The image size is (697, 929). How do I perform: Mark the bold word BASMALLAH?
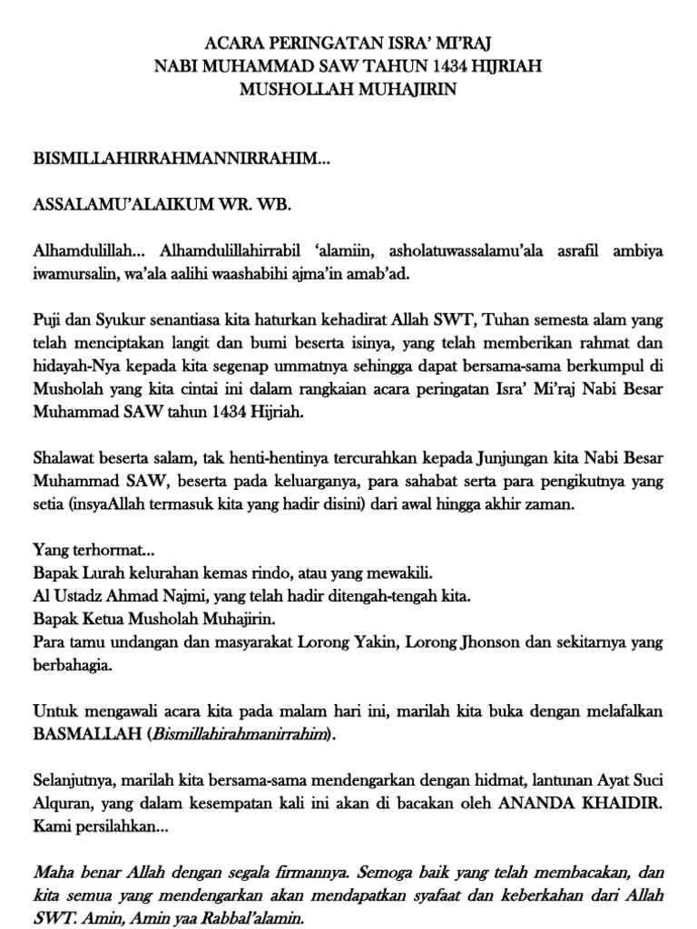pos(86,736)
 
